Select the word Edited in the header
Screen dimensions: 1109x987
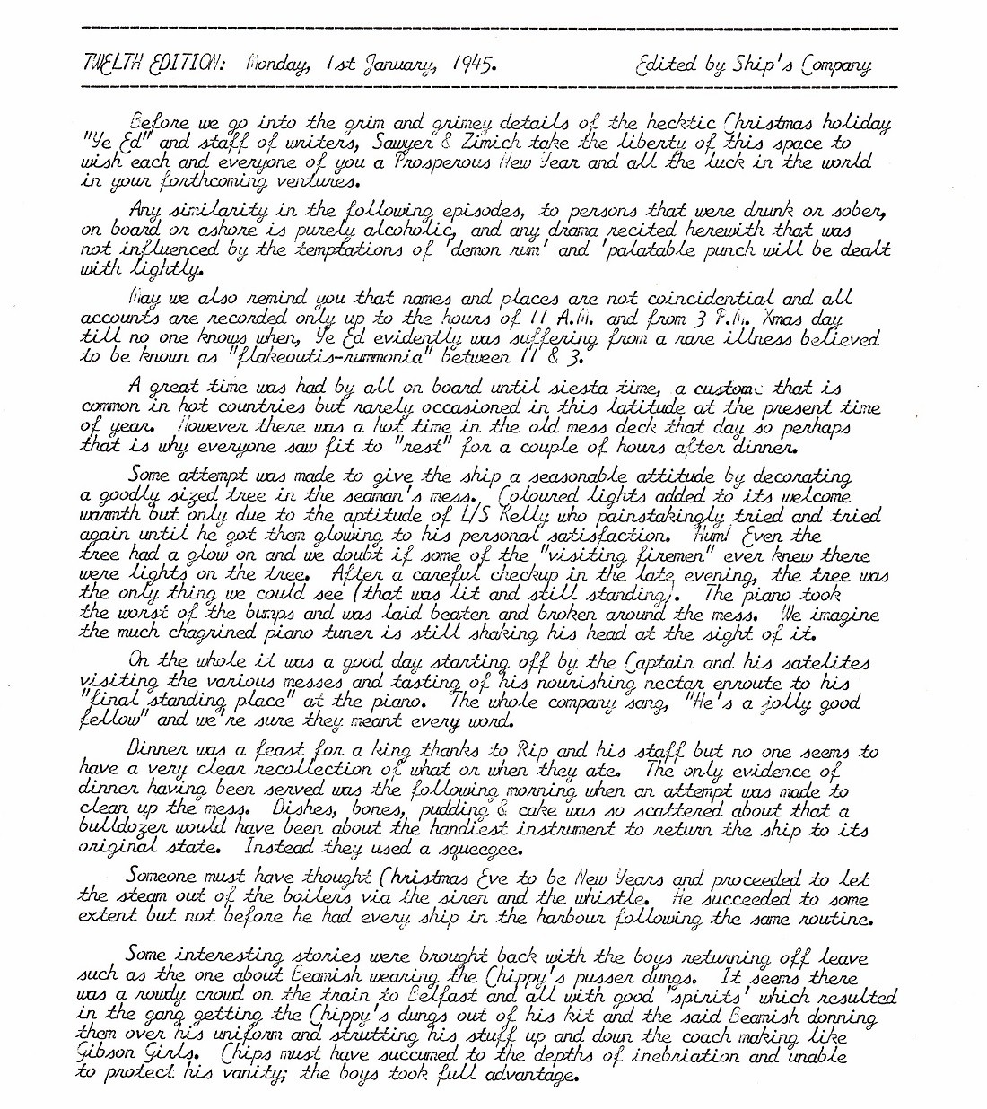pos(665,65)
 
